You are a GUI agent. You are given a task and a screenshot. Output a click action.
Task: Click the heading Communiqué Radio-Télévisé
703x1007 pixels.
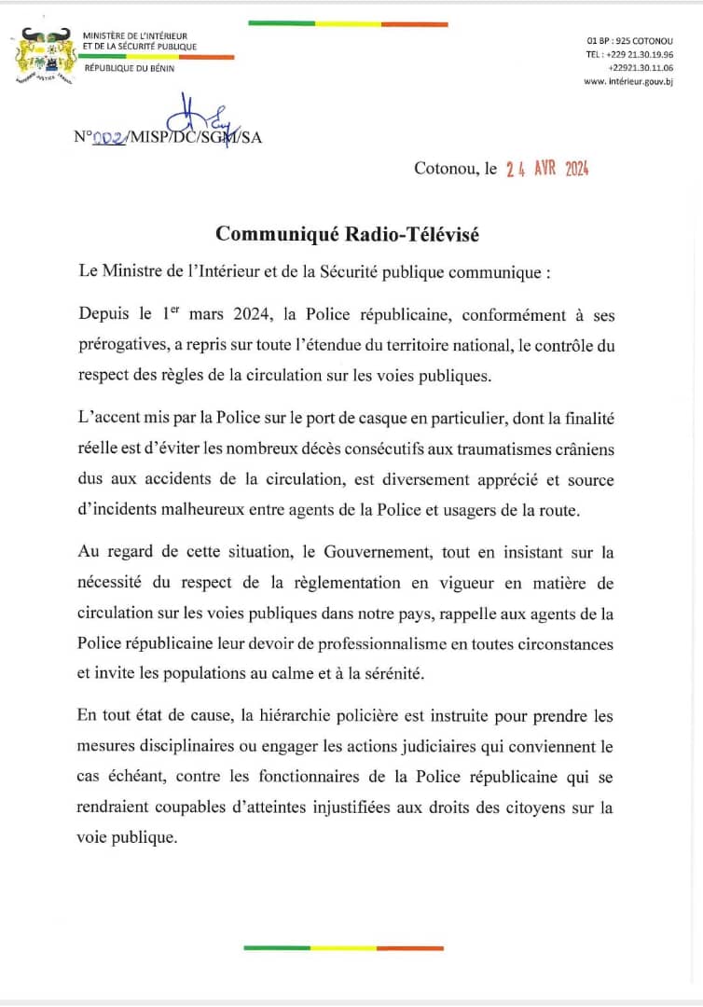click(x=347, y=235)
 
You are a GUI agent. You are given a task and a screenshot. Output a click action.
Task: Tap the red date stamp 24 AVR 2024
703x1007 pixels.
click(x=547, y=170)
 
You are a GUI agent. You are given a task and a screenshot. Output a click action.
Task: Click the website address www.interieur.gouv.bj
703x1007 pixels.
click(x=628, y=82)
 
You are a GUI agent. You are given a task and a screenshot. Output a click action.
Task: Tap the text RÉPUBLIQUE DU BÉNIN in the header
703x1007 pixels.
click(x=129, y=68)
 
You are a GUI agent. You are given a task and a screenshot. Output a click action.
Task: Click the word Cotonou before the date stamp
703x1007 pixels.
click(x=443, y=170)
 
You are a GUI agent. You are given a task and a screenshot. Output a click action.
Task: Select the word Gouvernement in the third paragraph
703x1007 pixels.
click(x=370, y=552)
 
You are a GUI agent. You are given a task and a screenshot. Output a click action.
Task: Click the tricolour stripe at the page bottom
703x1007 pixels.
click(x=344, y=947)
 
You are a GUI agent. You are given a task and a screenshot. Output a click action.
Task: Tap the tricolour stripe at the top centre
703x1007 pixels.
click(x=348, y=24)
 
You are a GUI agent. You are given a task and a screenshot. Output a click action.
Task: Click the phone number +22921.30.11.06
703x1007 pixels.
click(x=641, y=68)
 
